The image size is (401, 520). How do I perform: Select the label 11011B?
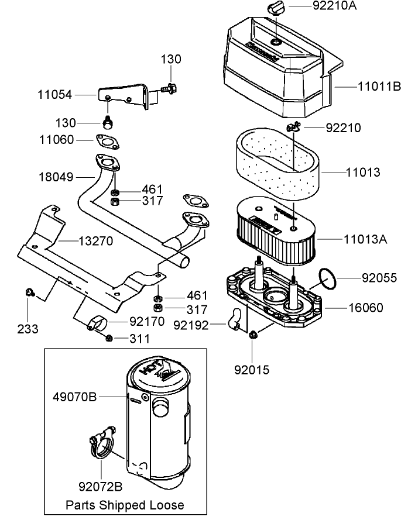click(x=379, y=87)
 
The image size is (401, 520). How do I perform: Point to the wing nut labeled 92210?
click(x=294, y=127)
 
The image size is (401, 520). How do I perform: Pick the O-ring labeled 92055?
click(x=328, y=279)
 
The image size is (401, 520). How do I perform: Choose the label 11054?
click(x=57, y=94)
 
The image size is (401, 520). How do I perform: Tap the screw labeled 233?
click(x=29, y=292)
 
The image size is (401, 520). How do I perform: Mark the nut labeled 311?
click(x=109, y=338)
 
